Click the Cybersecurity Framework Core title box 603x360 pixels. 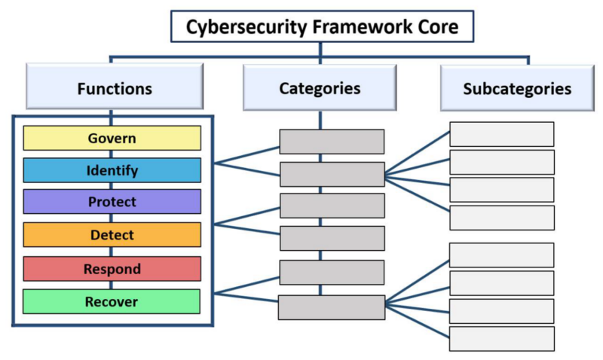321,28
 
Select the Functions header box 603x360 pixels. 114,88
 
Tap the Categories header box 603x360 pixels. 320,88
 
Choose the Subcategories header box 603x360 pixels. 516,88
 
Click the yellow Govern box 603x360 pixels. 112,139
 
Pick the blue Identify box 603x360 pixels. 112,171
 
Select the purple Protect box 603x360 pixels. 112,202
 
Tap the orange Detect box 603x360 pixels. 112,235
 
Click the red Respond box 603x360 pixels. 112,269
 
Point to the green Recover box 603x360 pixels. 112,301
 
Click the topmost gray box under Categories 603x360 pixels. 332,142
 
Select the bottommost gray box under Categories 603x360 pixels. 332,307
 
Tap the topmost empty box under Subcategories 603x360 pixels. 501,134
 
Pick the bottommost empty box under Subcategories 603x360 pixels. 501,339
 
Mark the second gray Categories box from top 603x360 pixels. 332,174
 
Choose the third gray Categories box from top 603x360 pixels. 332,206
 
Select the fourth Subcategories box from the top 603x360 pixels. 501,218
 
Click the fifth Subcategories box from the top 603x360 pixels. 501,255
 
